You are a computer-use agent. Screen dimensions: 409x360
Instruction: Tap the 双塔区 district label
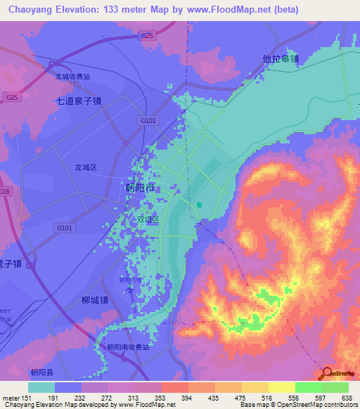click(148, 219)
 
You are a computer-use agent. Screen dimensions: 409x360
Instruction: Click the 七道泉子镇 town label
click(79, 100)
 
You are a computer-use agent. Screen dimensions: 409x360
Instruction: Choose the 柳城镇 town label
click(94, 300)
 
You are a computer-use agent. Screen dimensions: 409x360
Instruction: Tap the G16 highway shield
click(5, 191)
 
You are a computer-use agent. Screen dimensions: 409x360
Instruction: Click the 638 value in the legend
click(347, 398)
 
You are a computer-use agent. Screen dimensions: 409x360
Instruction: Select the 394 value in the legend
click(188, 398)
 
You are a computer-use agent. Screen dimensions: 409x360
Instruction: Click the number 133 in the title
click(120, 9)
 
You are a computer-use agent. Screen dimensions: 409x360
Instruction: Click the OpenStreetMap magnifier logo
click(326, 373)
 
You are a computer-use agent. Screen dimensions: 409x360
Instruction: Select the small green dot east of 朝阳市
click(199, 205)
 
